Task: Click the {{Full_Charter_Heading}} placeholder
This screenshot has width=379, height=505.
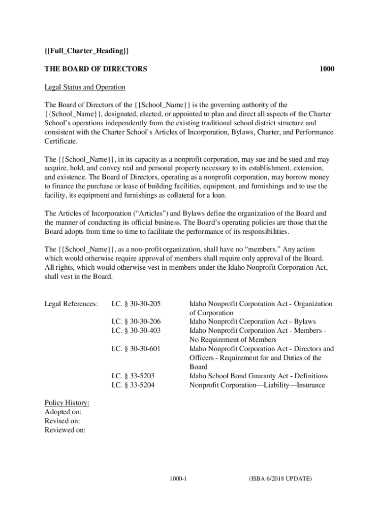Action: click(87, 51)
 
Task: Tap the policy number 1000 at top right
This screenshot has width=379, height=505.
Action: click(326, 69)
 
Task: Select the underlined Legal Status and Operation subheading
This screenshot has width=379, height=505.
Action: click(85, 87)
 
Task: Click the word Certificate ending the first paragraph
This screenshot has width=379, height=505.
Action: click(61, 142)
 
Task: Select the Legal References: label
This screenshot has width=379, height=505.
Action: click(71, 304)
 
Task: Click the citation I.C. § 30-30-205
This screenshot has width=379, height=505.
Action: click(136, 304)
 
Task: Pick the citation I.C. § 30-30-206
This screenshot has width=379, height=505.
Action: click(136, 322)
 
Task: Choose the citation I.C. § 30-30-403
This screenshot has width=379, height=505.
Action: click(136, 331)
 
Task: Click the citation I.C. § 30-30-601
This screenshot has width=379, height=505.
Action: click(136, 349)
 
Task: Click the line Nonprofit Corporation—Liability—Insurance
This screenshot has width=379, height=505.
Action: click(257, 385)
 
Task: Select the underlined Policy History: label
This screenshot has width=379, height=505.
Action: click(67, 403)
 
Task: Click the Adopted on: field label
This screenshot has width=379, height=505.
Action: click(63, 412)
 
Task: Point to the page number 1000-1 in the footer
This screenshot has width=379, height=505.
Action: click(177, 479)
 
